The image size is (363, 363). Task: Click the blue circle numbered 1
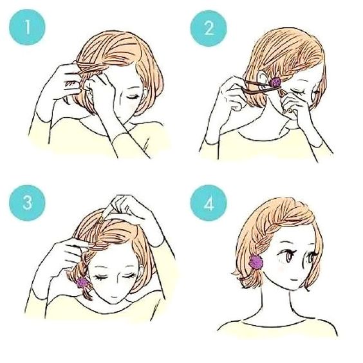coord(27,27)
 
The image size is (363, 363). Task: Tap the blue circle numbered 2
coord(209,28)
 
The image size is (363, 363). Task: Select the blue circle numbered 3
coord(27,203)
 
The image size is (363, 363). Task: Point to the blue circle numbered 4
coord(209,203)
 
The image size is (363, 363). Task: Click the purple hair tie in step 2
coord(275,82)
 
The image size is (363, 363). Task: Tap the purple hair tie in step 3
coord(82,283)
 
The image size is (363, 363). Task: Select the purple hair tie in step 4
coord(256,262)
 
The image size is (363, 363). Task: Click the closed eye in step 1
coord(133,97)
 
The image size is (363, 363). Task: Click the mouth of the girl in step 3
coord(114,297)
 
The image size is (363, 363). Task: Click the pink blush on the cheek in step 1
coord(133,106)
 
